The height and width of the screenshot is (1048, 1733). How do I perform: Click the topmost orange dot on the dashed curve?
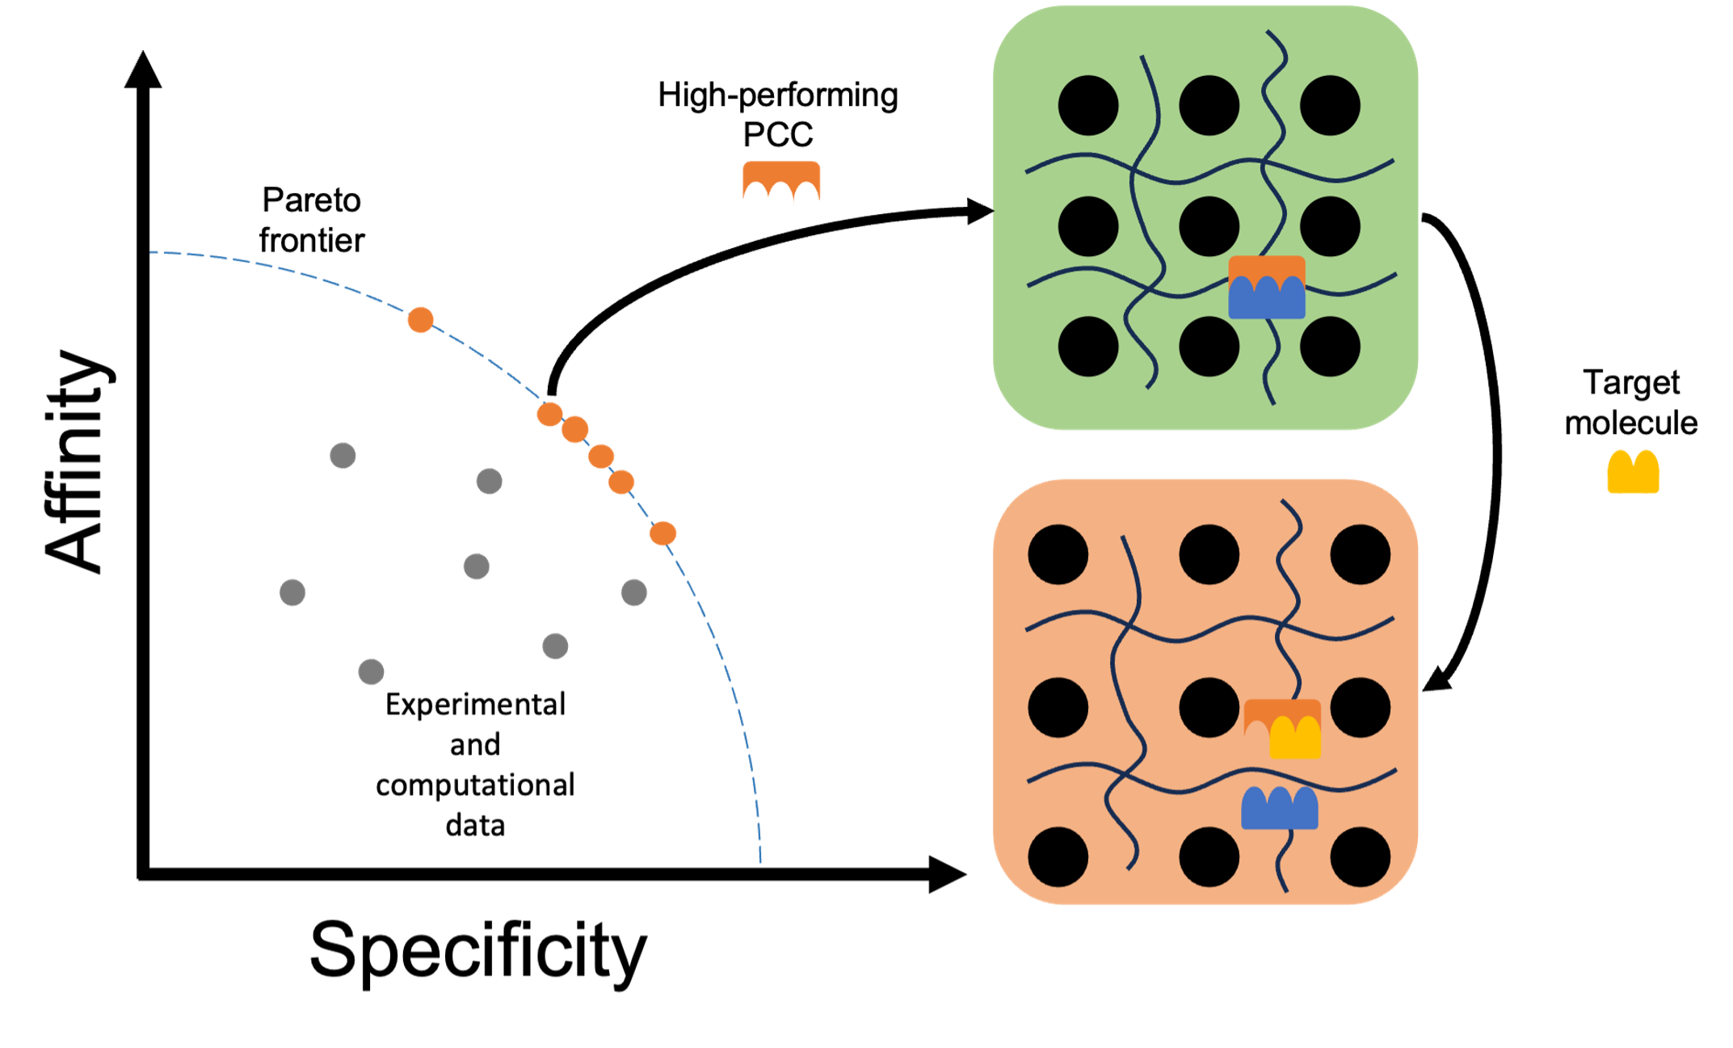click(420, 320)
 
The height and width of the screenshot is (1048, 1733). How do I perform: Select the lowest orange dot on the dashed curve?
click(662, 533)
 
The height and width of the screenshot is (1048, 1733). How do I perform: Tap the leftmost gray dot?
click(292, 592)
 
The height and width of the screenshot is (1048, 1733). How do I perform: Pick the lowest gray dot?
click(372, 671)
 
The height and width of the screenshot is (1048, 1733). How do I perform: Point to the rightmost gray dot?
click(634, 592)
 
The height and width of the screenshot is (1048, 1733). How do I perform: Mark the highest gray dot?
click(343, 456)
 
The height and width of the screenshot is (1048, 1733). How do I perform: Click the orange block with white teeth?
click(781, 192)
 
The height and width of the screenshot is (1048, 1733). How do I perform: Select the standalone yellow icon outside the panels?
click(1633, 472)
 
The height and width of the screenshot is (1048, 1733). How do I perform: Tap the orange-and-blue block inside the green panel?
click(1266, 287)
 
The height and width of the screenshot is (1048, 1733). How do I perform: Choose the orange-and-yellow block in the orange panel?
click(1282, 729)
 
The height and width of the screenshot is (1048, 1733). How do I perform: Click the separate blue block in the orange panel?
click(1279, 808)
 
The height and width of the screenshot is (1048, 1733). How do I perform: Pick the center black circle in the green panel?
click(1209, 226)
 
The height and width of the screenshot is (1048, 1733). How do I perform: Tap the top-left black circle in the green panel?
click(1087, 105)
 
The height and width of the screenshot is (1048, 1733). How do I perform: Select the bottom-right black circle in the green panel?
click(1330, 346)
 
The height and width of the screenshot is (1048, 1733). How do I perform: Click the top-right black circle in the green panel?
click(1330, 105)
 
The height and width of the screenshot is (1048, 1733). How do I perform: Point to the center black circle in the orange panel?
click(1209, 707)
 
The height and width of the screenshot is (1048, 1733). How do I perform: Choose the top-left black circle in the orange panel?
click(1058, 554)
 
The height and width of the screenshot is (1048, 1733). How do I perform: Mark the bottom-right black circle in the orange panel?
click(1360, 856)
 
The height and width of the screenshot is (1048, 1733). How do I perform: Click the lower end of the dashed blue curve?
click(761, 862)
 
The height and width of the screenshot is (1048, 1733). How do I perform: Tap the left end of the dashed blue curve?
click(152, 252)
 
